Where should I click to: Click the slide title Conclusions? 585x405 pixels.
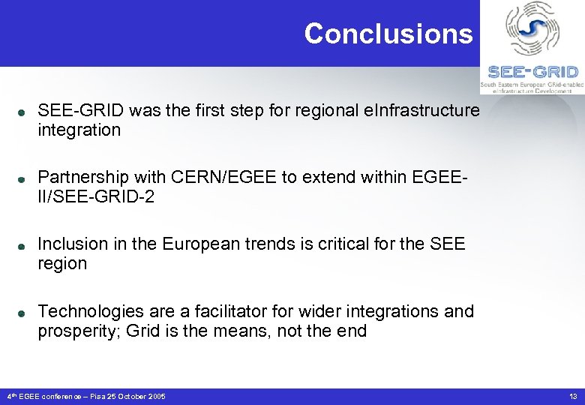(x=388, y=34)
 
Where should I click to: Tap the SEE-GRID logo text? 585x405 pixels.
(x=532, y=72)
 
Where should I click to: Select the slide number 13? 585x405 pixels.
(x=573, y=396)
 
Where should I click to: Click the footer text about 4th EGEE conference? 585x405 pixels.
(x=85, y=396)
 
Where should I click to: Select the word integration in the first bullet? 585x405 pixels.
(x=79, y=130)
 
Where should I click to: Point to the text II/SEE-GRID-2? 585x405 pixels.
(x=96, y=197)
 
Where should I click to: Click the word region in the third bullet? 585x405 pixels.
(x=62, y=264)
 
